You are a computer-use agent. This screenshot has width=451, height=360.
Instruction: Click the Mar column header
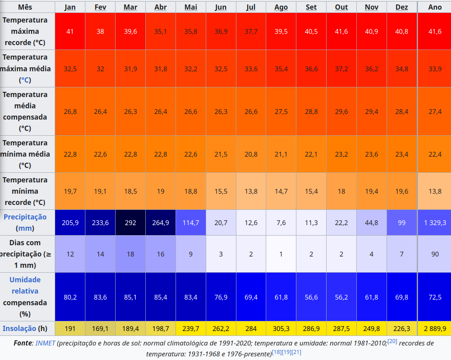(x=130, y=7)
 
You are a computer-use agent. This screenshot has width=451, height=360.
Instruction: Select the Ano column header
(x=435, y=7)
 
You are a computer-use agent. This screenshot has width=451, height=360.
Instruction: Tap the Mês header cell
(x=25, y=7)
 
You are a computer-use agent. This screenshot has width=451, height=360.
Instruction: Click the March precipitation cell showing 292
(x=130, y=223)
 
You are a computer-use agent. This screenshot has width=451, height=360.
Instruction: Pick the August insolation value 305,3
(x=281, y=329)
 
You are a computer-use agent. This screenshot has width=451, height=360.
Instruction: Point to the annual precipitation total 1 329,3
(x=435, y=223)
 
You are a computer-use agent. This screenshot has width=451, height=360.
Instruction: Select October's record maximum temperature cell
(x=341, y=31)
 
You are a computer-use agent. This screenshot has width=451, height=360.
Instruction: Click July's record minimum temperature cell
(x=251, y=191)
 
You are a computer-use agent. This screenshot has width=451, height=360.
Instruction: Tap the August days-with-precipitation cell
(x=281, y=254)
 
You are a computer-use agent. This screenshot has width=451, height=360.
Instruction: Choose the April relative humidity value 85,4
(x=161, y=297)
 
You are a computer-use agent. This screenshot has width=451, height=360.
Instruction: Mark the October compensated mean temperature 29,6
(x=341, y=112)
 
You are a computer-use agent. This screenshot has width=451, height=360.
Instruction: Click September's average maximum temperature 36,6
(x=311, y=69)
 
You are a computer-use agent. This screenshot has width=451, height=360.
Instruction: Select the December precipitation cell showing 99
(x=401, y=223)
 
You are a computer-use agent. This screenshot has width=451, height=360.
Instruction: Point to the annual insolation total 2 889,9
(x=435, y=329)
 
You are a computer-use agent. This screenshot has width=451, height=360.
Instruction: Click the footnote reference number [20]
(x=392, y=341)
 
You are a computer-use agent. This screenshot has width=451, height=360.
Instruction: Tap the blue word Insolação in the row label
(x=19, y=329)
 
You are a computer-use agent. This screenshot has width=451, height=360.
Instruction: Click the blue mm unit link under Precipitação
(x=25, y=228)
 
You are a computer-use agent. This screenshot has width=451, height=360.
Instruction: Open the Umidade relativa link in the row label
(x=25, y=285)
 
